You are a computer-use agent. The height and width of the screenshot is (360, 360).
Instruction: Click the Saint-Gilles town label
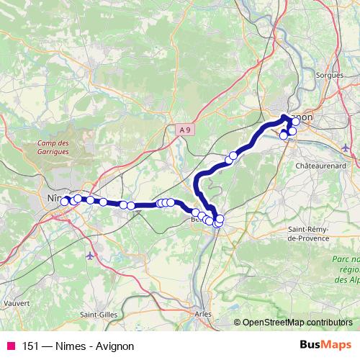pos(99,314)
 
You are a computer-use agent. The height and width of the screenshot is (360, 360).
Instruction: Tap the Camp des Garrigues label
pos(53,148)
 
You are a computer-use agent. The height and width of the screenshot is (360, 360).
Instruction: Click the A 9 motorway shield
pos(186,130)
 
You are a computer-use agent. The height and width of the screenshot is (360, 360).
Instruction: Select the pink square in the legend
pos(11,346)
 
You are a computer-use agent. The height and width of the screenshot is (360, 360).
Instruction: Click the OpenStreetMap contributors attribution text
pos(297,323)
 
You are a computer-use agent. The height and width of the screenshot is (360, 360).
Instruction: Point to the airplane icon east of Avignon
pos(346,148)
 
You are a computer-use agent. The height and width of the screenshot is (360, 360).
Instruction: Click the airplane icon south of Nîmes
pos(89,256)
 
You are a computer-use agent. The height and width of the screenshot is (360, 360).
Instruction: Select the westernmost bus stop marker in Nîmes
pos(65,201)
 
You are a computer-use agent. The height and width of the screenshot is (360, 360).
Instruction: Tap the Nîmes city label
pos(53,194)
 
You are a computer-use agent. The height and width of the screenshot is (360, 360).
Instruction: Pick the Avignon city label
pos(302,115)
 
